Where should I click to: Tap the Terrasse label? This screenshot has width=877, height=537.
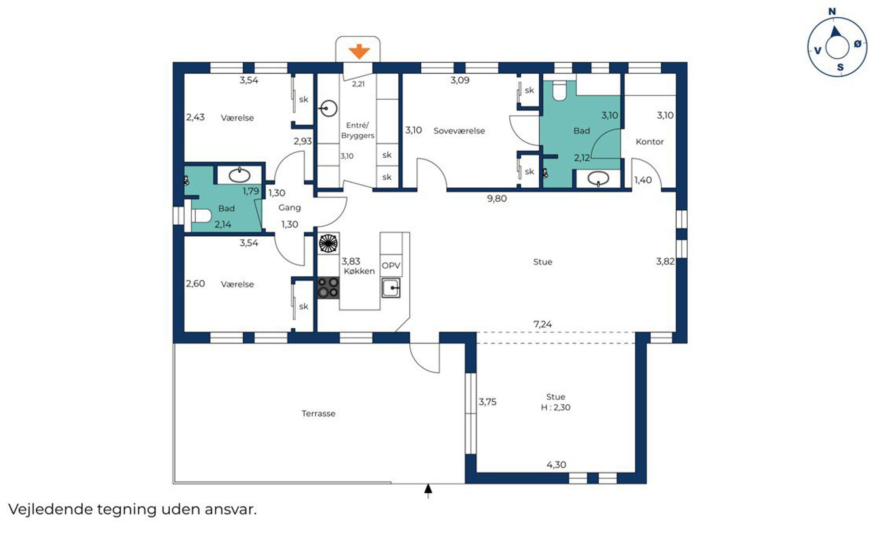tap(318, 413)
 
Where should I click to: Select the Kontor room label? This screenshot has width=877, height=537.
tap(649, 141)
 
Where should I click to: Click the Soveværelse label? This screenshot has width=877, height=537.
tap(459, 131)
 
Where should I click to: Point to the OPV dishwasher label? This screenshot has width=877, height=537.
tap(391, 265)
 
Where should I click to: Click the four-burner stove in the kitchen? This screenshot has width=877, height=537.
tap(328, 287)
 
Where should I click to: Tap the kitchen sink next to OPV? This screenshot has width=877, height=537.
tap(391, 288)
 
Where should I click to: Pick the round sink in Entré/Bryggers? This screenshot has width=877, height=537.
tap(328, 108)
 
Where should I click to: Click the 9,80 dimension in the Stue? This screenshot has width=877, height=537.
tap(497, 199)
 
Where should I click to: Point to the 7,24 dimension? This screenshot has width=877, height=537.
tap(543, 324)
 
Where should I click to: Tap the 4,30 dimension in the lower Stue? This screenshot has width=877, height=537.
tap(556, 465)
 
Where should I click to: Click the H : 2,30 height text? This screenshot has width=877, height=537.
tap(556, 407)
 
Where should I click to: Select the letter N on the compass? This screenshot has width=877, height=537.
tap(832, 11)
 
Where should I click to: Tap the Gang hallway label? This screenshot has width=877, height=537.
tap(290, 208)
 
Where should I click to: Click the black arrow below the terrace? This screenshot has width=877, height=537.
tap(428, 491)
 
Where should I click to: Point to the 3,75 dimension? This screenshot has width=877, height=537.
tap(488, 402)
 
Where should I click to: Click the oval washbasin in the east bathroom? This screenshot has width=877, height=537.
tap(599, 178)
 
